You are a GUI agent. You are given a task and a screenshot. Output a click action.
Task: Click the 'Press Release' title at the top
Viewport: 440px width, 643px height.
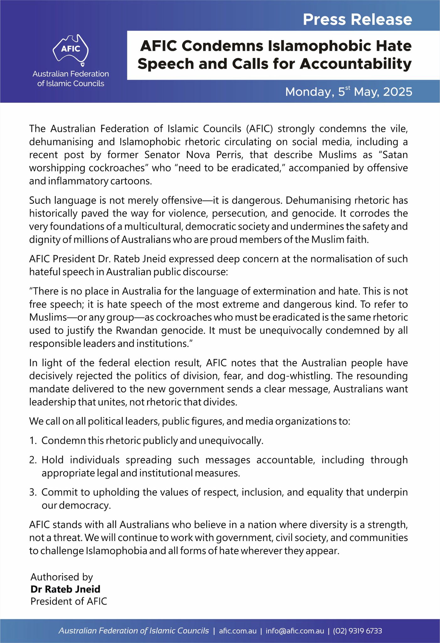point(357,19)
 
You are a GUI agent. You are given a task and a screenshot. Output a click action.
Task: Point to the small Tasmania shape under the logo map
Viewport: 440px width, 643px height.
point(83,65)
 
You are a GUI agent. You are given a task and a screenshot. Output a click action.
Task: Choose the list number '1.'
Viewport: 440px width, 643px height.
point(33,441)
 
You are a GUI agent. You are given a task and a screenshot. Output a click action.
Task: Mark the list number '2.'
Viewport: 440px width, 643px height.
point(33,460)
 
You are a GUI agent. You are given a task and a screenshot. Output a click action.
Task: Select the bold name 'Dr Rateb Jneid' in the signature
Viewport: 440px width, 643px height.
point(65,589)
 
